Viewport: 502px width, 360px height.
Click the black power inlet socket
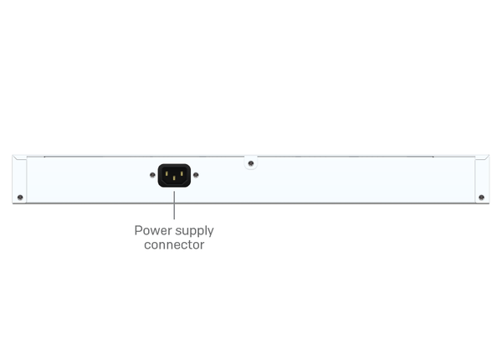pos(174,175)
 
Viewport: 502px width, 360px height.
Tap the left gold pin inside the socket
pos(166,173)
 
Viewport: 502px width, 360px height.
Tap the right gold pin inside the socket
pos(182,173)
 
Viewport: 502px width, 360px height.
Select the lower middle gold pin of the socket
pos(174,178)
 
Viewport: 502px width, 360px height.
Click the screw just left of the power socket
pos(152,175)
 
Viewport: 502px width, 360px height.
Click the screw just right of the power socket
pos(196,175)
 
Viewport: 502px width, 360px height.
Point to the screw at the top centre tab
pos(251,163)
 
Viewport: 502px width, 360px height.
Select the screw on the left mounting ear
pos(20,198)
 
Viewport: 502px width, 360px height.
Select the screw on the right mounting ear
pos(482,198)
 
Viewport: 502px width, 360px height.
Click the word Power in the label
pos(153,230)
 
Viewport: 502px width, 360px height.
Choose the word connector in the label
pos(174,244)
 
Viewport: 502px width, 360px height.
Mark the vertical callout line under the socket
pos(174,205)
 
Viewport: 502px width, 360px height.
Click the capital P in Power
pos(138,230)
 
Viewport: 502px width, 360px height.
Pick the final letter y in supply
pos(210,233)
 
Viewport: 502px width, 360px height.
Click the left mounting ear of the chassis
pos(19,179)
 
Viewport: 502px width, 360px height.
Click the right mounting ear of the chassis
pos(482,179)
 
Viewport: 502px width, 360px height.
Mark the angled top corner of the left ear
pos(13,156)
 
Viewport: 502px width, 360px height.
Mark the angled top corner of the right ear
pos(489,156)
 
